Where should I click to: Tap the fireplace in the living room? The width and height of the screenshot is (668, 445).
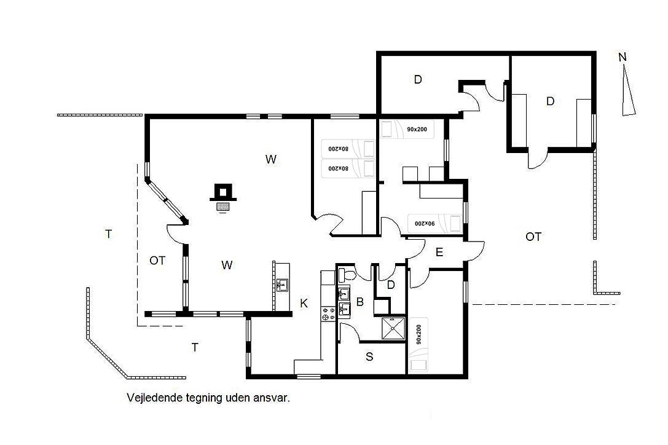pyautogui.click(x=223, y=196)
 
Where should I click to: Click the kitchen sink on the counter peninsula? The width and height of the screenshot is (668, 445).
pyautogui.click(x=281, y=285)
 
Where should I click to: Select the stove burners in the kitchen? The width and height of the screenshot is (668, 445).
pyautogui.click(x=328, y=314)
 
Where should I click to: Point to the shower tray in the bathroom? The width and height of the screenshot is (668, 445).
pyautogui.click(x=393, y=328)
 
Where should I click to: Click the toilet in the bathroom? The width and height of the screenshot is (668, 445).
pyautogui.click(x=347, y=275)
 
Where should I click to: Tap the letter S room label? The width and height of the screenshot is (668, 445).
pyautogui.click(x=369, y=356)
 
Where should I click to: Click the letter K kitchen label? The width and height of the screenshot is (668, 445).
pyautogui.click(x=304, y=304)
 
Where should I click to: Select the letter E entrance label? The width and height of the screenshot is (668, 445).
pyautogui.click(x=439, y=253)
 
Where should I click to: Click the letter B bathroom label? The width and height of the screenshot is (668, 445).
pyautogui.click(x=360, y=302)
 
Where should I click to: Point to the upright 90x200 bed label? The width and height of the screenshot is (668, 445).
pyautogui.click(x=417, y=129)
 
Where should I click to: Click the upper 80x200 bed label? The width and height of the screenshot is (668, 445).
pyautogui.click(x=338, y=149)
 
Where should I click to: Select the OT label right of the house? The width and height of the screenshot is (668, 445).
pyautogui.click(x=533, y=237)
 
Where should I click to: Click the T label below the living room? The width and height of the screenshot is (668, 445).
pyautogui.click(x=195, y=347)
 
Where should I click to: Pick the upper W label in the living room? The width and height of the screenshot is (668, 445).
pyautogui.click(x=271, y=159)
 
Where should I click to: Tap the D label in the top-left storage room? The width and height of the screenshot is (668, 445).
pyautogui.click(x=418, y=79)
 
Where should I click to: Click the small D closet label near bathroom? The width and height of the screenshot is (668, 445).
pyautogui.click(x=391, y=285)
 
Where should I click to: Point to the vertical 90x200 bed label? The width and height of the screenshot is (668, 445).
pyautogui.click(x=418, y=334)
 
